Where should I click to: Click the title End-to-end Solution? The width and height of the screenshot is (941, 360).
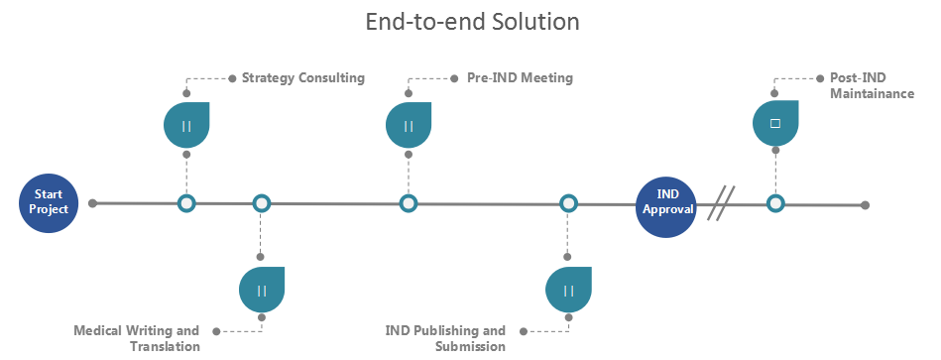point(471,21)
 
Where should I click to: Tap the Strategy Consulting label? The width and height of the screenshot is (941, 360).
point(302,77)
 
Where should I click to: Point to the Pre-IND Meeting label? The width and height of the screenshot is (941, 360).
point(519,77)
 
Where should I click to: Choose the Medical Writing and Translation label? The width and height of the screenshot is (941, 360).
point(137,338)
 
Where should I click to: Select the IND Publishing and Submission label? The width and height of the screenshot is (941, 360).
point(445,338)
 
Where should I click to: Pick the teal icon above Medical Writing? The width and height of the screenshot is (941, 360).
point(262,290)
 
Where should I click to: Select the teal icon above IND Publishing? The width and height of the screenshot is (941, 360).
point(568,290)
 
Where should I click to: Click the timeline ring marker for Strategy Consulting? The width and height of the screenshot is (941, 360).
point(186,204)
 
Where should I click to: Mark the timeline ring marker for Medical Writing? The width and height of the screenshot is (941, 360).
point(261,204)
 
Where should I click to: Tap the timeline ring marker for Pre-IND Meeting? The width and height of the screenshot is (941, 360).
point(409,204)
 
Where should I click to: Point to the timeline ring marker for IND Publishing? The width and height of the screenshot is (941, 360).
point(568,204)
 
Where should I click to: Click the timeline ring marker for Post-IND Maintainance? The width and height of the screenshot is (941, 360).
point(775,204)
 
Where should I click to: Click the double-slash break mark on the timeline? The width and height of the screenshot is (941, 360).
point(721,204)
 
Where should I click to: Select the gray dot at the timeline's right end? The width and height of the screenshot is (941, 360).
point(866,204)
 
